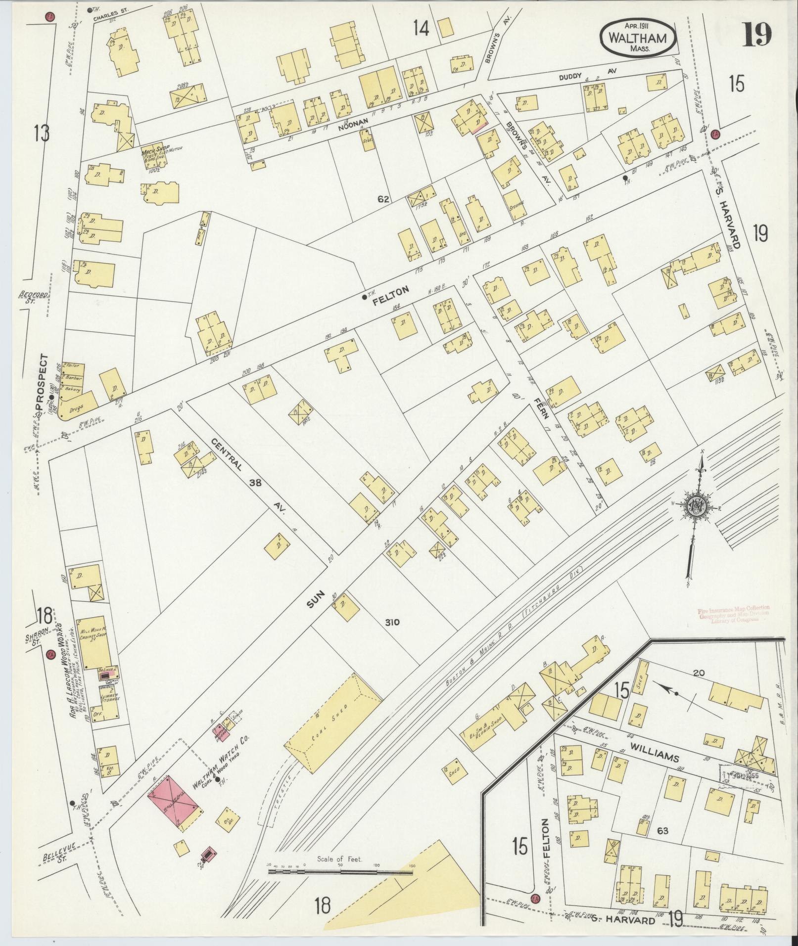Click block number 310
[x=394, y=623]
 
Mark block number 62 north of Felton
[x=384, y=199]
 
